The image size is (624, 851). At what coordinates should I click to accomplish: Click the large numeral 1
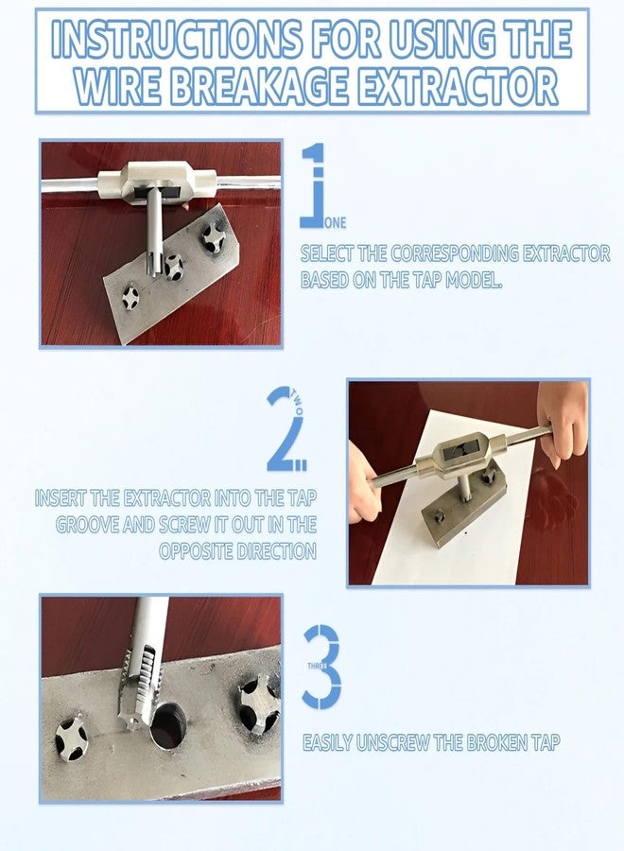pyautogui.click(x=315, y=185)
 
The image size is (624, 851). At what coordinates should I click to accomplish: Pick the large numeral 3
pyautogui.click(x=321, y=666)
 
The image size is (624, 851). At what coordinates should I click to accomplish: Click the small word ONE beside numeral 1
pyautogui.click(x=336, y=223)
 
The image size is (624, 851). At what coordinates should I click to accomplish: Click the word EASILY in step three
pyautogui.click(x=327, y=743)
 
